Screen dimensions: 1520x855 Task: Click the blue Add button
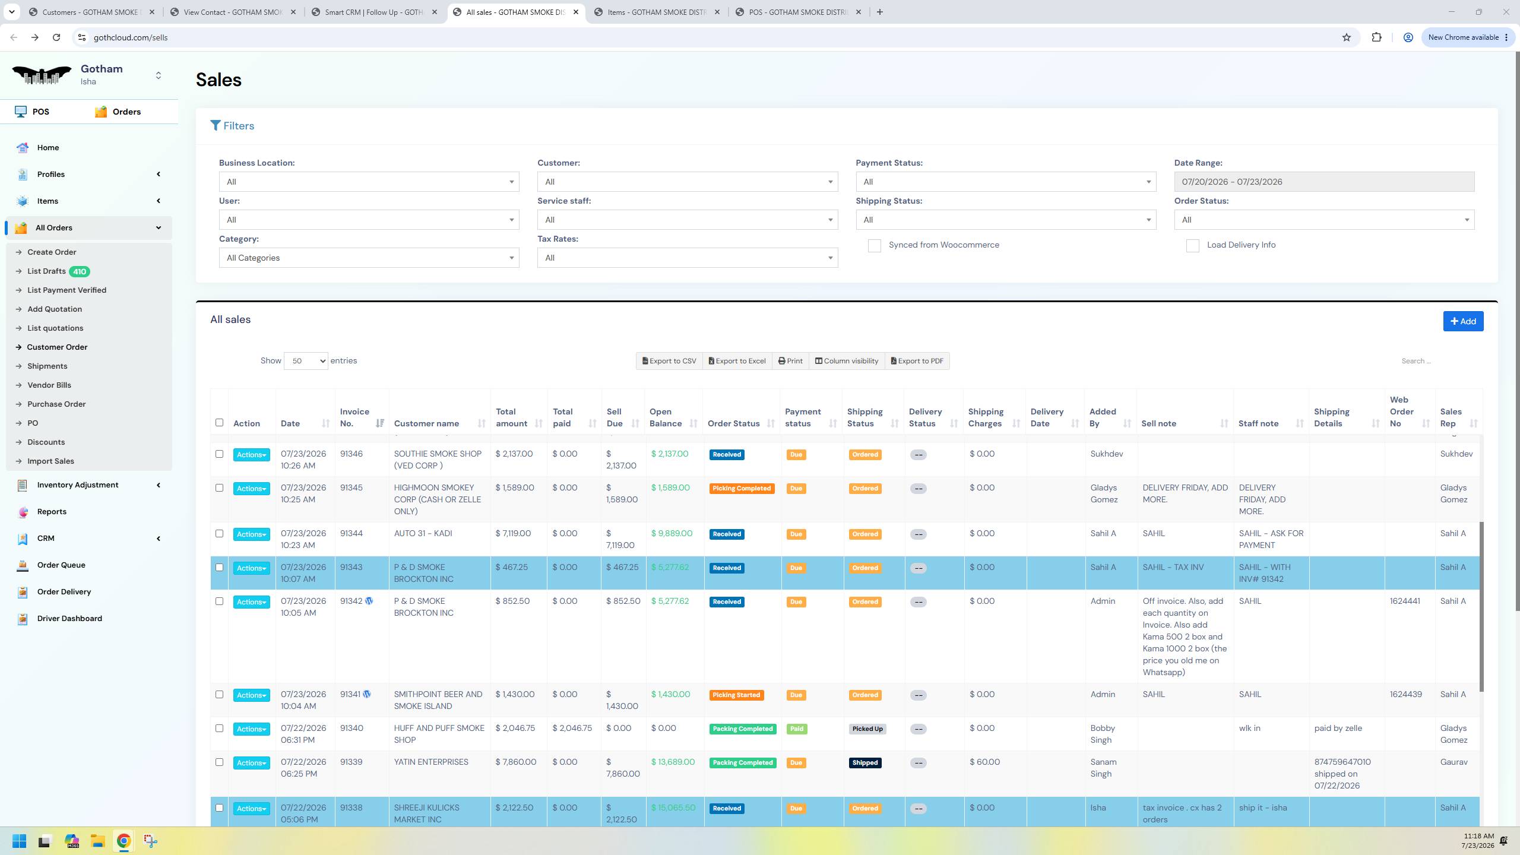(x=1463, y=321)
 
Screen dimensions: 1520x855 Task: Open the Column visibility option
(x=846, y=361)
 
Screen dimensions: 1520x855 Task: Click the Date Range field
(x=1323, y=182)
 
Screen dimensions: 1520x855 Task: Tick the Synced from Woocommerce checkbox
(x=874, y=246)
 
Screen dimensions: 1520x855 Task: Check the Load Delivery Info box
(x=1192, y=246)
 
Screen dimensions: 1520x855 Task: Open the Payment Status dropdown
(x=1006, y=182)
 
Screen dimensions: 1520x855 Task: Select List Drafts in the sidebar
(x=46, y=271)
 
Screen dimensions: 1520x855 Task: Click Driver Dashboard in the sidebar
(x=69, y=618)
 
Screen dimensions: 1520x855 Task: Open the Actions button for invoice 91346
(x=251, y=455)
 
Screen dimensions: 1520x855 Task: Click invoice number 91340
(x=351, y=728)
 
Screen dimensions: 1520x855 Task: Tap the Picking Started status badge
(x=736, y=695)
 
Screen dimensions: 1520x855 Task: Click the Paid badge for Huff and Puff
(x=797, y=729)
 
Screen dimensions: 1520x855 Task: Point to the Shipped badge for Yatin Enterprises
(x=865, y=763)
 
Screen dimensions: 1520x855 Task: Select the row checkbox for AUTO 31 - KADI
(x=219, y=534)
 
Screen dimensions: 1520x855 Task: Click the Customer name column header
(x=426, y=423)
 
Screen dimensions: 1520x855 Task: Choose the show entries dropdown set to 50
(x=306, y=361)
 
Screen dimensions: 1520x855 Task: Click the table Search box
(x=1437, y=361)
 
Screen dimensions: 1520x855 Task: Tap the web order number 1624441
(x=1405, y=601)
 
